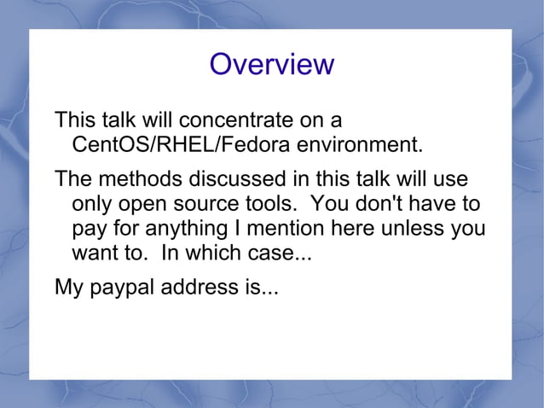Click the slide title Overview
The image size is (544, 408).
coord(272,64)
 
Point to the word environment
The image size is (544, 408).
coord(359,144)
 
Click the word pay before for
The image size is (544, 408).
coord(92,230)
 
